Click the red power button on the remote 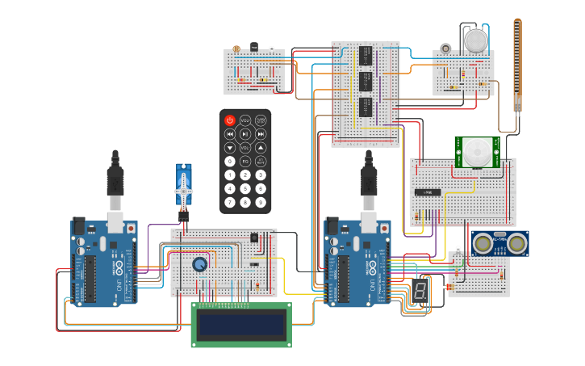[229, 120]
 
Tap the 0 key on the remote [229, 161]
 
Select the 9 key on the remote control [261, 202]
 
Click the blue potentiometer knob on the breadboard [199, 264]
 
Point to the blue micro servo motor [184, 188]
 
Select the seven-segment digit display [418, 292]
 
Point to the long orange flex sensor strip [517, 65]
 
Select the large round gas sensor [476, 40]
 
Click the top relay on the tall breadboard [366, 55]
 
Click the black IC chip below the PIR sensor [427, 192]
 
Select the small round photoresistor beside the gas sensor [444, 48]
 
